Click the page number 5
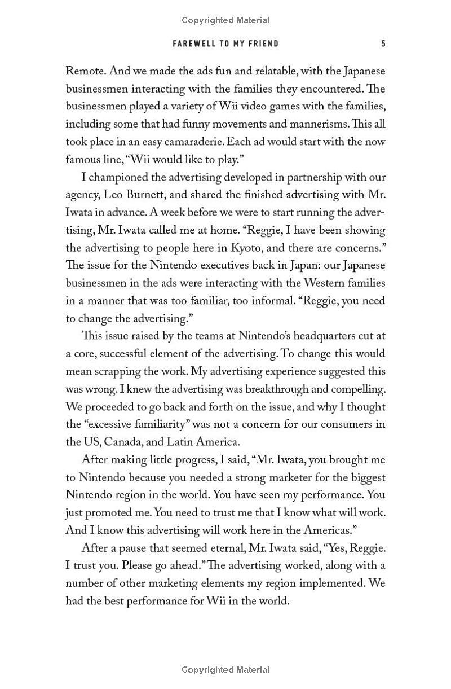click(383, 43)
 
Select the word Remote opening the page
click(85, 71)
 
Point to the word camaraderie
click(229, 142)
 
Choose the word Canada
click(125, 442)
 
